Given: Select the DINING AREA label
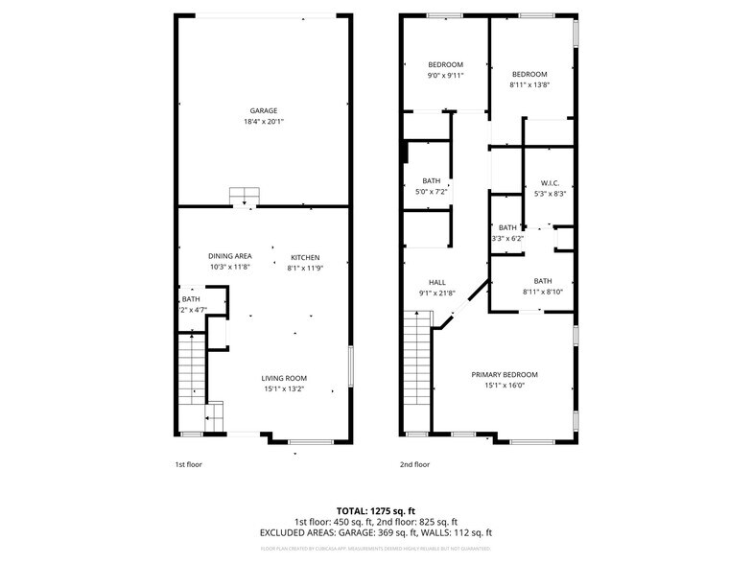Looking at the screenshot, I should [x=230, y=256].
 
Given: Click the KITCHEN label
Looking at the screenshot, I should [x=305, y=257].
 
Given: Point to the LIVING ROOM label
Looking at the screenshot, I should [x=284, y=378].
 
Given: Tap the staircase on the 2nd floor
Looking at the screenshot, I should [x=416, y=370].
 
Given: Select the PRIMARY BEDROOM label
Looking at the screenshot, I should [x=504, y=374].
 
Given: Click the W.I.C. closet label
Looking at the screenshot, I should [x=550, y=182].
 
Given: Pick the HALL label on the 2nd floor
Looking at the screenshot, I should [x=436, y=282].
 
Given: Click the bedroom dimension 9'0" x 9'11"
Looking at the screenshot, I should [x=445, y=75].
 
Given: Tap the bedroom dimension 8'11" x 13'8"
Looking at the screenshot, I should [x=529, y=85].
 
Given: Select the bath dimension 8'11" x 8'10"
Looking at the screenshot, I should [x=542, y=292].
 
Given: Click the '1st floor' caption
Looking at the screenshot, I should [x=188, y=464].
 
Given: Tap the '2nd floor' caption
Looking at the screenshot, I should [x=414, y=464].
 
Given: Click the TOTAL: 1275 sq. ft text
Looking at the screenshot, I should [x=375, y=510].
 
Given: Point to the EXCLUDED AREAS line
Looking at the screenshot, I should [x=375, y=532].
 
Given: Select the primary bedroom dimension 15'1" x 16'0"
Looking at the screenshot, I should [x=504, y=386].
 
